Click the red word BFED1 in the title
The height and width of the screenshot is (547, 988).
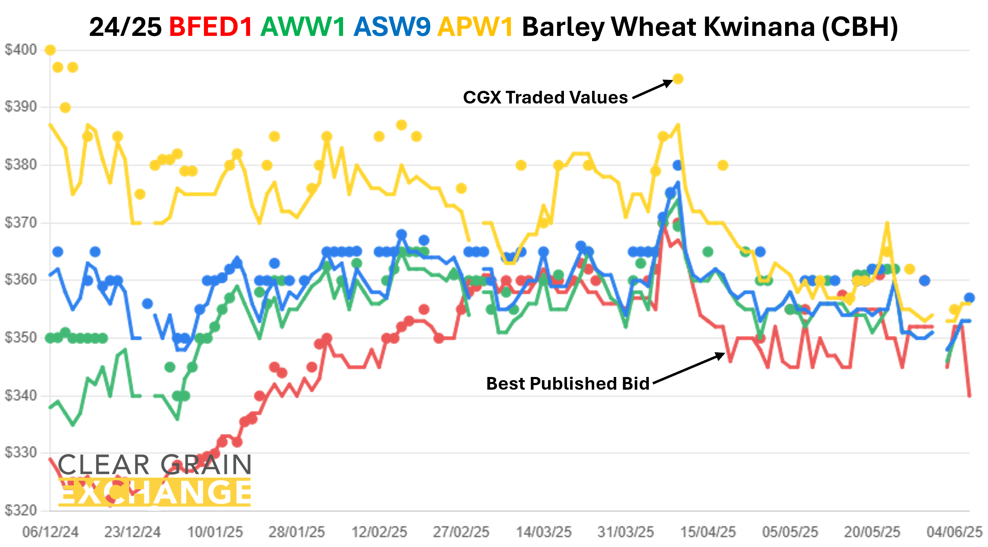click(211, 27)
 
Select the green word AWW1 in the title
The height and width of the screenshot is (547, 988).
click(303, 27)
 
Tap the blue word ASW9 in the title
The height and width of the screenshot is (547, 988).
click(392, 27)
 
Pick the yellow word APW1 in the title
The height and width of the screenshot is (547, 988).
click(476, 27)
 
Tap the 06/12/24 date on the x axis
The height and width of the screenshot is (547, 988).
click(50, 533)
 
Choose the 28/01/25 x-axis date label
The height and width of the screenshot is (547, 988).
click(297, 533)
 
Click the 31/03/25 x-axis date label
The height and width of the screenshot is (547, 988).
click(626, 533)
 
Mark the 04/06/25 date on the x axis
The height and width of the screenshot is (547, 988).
click(954, 533)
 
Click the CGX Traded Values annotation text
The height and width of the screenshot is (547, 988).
click(545, 98)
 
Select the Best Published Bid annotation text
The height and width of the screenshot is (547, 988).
click(568, 383)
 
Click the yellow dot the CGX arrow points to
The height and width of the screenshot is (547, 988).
click(678, 79)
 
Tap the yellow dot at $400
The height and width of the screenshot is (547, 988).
click(50, 50)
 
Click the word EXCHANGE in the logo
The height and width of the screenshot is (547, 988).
click(155, 493)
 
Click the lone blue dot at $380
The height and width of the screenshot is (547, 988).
click(678, 165)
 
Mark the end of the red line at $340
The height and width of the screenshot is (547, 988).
click(969, 396)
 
